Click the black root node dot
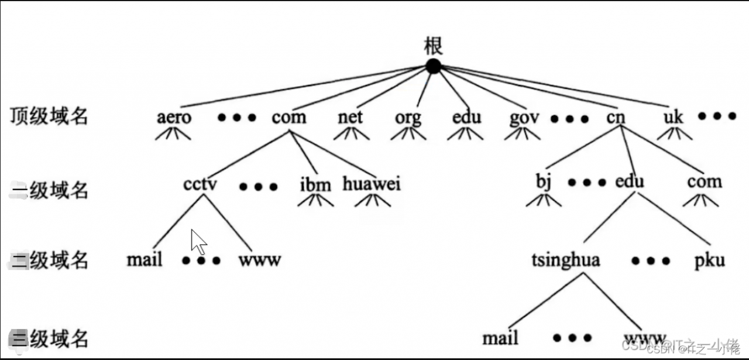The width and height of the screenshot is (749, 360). click(x=433, y=66)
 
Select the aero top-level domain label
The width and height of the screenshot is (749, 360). click(x=174, y=117)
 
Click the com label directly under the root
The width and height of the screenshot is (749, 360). click(x=288, y=117)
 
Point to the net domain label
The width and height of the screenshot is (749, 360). click(x=351, y=117)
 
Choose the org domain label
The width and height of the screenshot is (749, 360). click(x=408, y=118)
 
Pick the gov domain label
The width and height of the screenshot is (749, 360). click(x=524, y=118)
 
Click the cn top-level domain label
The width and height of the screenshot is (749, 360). click(x=616, y=117)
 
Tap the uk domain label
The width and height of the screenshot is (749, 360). click(x=674, y=117)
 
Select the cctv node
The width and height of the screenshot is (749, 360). click(x=200, y=184)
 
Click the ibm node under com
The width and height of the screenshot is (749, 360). click(x=315, y=185)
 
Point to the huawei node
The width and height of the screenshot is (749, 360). click(x=372, y=184)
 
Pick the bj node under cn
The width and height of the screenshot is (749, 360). click(x=544, y=183)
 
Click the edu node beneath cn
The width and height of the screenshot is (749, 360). click(x=630, y=181)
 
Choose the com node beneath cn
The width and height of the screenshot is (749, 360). click(x=705, y=181)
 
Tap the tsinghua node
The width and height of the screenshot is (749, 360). click(x=566, y=259)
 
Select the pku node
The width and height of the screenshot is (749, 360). click(x=710, y=260)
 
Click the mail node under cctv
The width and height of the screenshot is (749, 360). click(x=144, y=259)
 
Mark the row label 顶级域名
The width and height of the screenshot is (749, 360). click(x=49, y=116)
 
